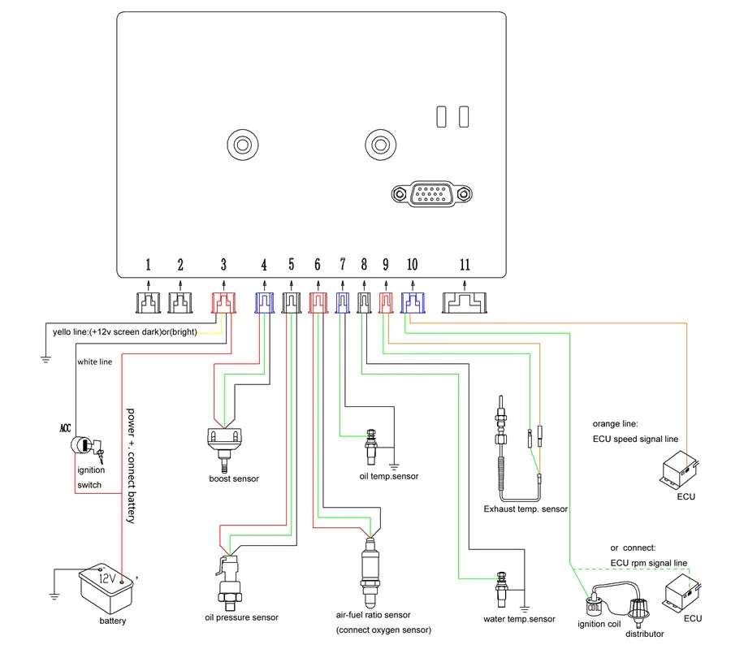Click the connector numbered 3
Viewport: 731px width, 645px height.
point(224,303)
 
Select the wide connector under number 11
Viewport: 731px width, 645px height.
point(465,303)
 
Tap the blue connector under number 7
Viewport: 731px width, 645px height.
point(343,303)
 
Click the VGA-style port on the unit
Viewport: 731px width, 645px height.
point(432,194)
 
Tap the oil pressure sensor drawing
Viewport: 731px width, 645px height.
point(228,583)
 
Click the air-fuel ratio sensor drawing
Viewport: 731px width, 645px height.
point(370,573)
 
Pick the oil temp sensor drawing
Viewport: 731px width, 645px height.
point(371,448)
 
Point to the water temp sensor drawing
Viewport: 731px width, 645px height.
point(502,590)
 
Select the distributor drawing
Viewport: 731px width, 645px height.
point(638,612)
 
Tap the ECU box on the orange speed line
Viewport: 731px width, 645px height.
point(679,470)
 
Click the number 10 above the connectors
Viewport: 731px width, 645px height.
point(412,265)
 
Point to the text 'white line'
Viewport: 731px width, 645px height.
point(95,361)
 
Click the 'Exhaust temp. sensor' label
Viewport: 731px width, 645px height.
point(526,509)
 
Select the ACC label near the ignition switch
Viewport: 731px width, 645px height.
point(65,428)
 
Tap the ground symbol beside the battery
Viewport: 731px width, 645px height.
point(54,595)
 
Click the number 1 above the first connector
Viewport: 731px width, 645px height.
point(149,265)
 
